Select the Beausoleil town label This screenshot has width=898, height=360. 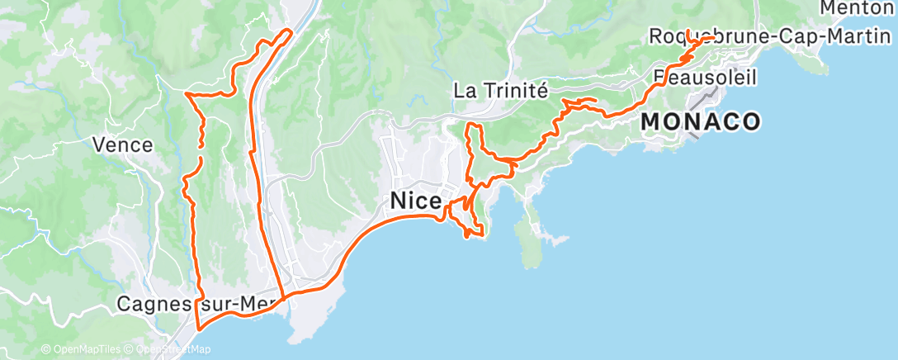tap(706, 77)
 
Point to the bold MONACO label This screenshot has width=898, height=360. tap(700, 122)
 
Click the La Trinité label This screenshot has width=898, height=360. tap(501, 91)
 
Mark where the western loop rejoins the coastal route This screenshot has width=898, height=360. tap(284, 296)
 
